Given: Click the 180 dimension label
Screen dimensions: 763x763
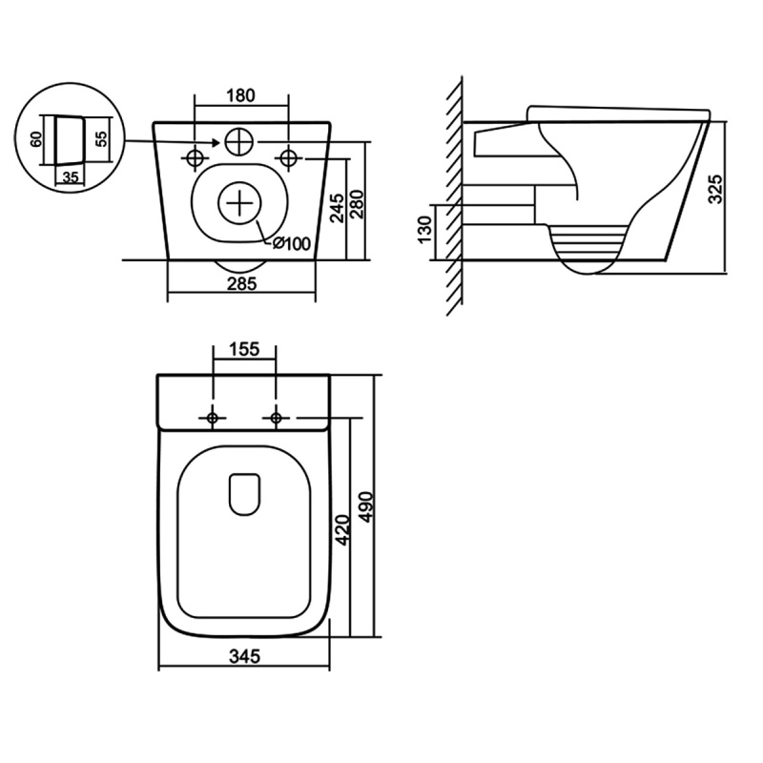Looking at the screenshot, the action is pyautogui.click(x=241, y=95).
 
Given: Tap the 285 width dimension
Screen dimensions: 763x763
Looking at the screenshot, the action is pyautogui.click(x=242, y=283).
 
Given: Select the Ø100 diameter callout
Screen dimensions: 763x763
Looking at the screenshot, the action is pyautogui.click(x=291, y=243).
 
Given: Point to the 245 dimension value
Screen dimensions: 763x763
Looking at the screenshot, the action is pyautogui.click(x=337, y=208).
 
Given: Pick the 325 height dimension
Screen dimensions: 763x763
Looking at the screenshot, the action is pyautogui.click(x=715, y=188).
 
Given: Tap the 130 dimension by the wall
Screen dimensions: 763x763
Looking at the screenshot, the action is pyautogui.click(x=424, y=230).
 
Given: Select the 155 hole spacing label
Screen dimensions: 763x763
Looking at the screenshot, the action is pyautogui.click(x=244, y=349).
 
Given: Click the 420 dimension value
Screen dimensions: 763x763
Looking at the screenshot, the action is pyautogui.click(x=342, y=530).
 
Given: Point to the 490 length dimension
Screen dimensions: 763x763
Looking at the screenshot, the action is pyautogui.click(x=366, y=507).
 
